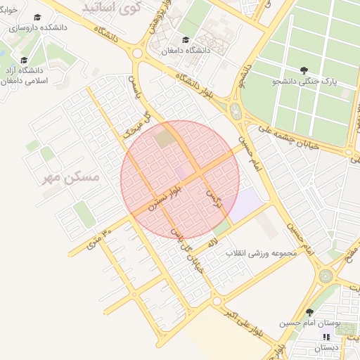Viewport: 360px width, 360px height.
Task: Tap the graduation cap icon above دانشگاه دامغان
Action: pos(186,39)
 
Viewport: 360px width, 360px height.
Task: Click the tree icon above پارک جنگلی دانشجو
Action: pos(303,70)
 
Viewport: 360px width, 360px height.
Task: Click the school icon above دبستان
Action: pos(326,336)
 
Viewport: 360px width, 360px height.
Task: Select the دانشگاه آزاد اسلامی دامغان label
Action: pos(24,76)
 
